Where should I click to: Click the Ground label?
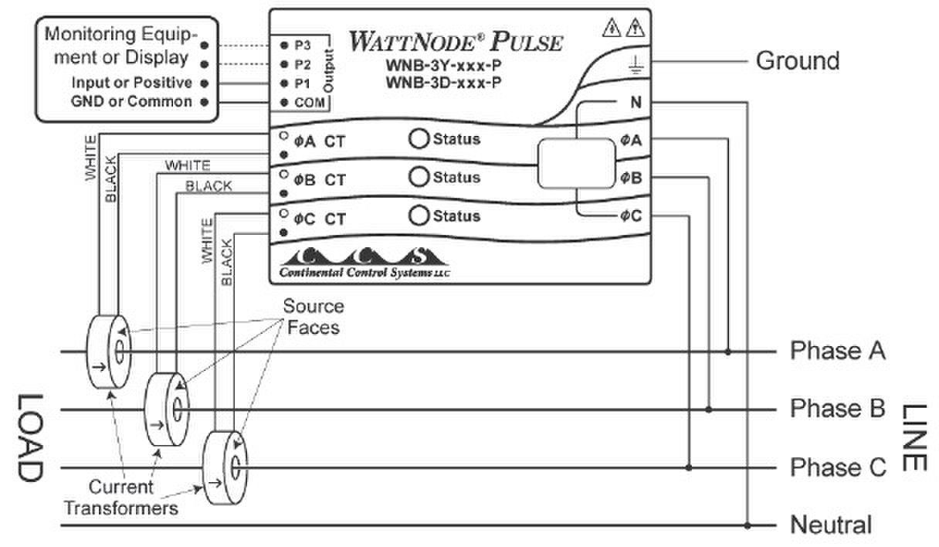tap(797, 60)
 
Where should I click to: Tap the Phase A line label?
tap(837, 352)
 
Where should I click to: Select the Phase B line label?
tap(837, 409)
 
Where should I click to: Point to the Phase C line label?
tap(837, 467)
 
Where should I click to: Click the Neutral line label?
tap(830, 525)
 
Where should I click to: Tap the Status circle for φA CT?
tap(418, 139)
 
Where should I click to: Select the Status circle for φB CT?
tap(418, 177)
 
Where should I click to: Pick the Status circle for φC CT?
tap(418, 216)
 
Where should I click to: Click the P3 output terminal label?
tap(301, 46)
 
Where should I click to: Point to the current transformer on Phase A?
tap(109, 352)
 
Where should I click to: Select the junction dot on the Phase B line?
tap(709, 409)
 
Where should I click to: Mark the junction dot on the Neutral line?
tap(747, 525)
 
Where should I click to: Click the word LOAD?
tap(29, 437)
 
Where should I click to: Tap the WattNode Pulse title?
tap(455, 41)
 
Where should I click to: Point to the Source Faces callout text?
tap(313, 316)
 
